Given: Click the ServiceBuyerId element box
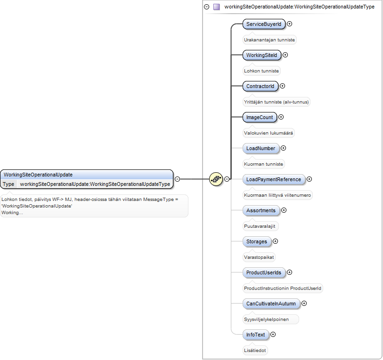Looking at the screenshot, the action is (x=264, y=24).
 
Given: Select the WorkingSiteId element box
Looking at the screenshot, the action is (x=261, y=55).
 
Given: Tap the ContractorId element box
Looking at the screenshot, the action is (x=260, y=86).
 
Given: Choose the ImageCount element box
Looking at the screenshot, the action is (x=260, y=117).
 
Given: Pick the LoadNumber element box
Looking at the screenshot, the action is (x=261, y=148).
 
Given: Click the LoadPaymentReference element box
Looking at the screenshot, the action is (x=274, y=179).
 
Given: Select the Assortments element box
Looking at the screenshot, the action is (x=261, y=210).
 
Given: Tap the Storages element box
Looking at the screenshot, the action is (x=257, y=241).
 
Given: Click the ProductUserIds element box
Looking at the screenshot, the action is (x=264, y=272).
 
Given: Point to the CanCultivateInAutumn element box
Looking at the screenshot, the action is (x=271, y=304).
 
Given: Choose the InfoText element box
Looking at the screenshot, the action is (x=255, y=335).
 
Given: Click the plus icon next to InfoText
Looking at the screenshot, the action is (x=273, y=335).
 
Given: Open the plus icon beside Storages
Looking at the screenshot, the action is (x=275, y=241).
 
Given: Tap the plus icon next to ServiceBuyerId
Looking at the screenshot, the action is (x=289, y=24).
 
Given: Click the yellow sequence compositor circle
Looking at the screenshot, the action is (x=216, y=179).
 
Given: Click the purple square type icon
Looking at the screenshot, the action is (x=216, y=7).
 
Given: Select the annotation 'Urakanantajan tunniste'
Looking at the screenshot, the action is (x=269, y=40).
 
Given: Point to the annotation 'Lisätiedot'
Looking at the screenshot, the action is (x=255, y=350).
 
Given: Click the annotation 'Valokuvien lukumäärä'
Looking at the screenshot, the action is (x=269, y=133).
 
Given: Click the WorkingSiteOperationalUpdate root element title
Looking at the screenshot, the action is (x=38, y=175).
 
